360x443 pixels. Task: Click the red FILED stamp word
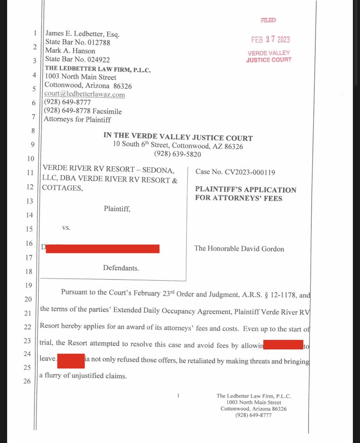click(268, 20)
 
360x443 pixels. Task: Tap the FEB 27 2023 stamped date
click(270, 39)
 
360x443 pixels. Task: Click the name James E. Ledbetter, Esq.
click(82, 35)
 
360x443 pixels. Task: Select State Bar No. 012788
click(77, 43)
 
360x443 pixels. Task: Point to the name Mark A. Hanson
click(70, 51)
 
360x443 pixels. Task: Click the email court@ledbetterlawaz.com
click(85, 94)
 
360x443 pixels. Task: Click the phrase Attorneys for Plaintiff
click(77, 120)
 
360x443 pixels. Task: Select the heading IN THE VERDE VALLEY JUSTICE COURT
click(178, 138)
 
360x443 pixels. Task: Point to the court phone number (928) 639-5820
click(178, 155)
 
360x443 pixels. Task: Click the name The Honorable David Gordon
click(239, 249)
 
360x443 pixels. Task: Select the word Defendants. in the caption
click(121, 268)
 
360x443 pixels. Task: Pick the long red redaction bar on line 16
click(102, 249)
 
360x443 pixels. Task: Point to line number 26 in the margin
click(27, 381)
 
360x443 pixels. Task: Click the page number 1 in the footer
click(178, 396)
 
